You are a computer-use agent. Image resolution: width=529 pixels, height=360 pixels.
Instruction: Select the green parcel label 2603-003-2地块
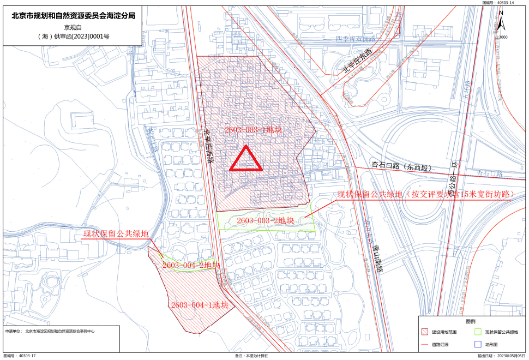266,220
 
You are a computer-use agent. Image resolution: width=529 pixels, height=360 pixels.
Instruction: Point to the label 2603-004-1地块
199,305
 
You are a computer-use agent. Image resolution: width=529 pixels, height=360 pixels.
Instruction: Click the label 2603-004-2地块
191,265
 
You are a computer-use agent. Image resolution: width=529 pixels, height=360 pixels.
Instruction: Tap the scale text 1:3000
501,37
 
